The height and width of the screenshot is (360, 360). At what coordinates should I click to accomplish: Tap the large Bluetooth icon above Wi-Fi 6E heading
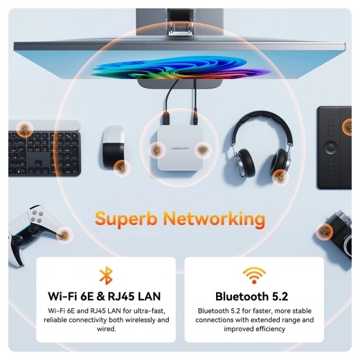106,276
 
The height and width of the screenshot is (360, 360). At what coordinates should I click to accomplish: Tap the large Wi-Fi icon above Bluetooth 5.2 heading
254,276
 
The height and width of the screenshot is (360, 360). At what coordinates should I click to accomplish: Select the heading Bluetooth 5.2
251,296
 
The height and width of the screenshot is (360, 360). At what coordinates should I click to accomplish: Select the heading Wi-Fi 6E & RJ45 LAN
104,296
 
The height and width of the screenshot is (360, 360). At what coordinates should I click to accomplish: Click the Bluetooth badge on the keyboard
25,129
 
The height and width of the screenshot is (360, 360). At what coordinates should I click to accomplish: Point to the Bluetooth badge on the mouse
122,168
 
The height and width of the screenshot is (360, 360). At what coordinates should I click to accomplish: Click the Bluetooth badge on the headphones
280,177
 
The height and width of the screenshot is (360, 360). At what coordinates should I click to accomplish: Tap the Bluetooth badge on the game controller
64,235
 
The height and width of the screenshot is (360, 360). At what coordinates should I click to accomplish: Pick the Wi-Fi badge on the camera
324,232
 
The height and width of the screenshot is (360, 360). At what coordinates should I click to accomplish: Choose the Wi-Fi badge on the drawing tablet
348,127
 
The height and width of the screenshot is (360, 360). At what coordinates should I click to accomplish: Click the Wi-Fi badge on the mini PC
203,150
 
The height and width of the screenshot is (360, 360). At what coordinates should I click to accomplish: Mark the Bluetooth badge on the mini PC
157,150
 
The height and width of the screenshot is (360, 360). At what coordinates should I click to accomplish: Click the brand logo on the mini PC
180,148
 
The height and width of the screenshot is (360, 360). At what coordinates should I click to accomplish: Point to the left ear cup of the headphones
244,162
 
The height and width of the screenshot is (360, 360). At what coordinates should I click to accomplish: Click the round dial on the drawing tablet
331,147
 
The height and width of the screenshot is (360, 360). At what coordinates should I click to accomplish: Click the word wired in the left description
106,329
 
